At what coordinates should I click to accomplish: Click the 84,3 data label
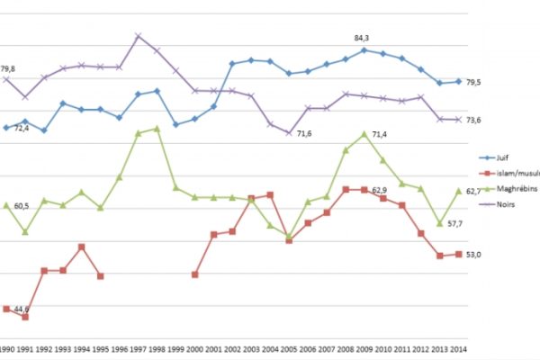[x=364, y=38]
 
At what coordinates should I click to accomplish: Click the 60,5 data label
[x=22, y=206]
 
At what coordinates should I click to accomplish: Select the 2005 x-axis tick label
[x=289, y=348]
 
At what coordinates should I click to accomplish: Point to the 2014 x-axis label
[x=458, y=348]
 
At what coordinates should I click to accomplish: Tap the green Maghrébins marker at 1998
[x=157, y=129]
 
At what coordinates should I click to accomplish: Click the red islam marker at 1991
[x=25, y=317]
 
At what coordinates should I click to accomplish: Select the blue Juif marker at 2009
[x=364, y=50]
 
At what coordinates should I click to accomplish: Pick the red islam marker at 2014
[x=458, y=255]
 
